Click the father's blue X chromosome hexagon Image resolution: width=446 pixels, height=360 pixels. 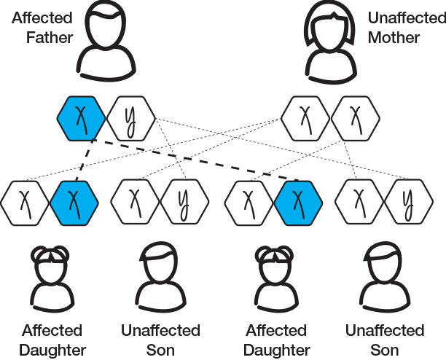82,117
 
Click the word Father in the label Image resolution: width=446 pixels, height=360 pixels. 50,37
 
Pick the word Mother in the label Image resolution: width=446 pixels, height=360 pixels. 394,37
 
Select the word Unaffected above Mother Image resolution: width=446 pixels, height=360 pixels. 404,16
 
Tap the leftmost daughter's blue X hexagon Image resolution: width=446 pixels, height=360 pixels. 74,200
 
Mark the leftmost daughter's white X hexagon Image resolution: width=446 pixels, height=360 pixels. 26,200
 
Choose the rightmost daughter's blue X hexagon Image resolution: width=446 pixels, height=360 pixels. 298,200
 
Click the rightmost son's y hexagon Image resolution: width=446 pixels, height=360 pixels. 405,200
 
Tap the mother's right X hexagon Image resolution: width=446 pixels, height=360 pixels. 354,117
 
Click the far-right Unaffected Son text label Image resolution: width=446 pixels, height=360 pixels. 384,340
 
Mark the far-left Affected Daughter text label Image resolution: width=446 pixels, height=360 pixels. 52,340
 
